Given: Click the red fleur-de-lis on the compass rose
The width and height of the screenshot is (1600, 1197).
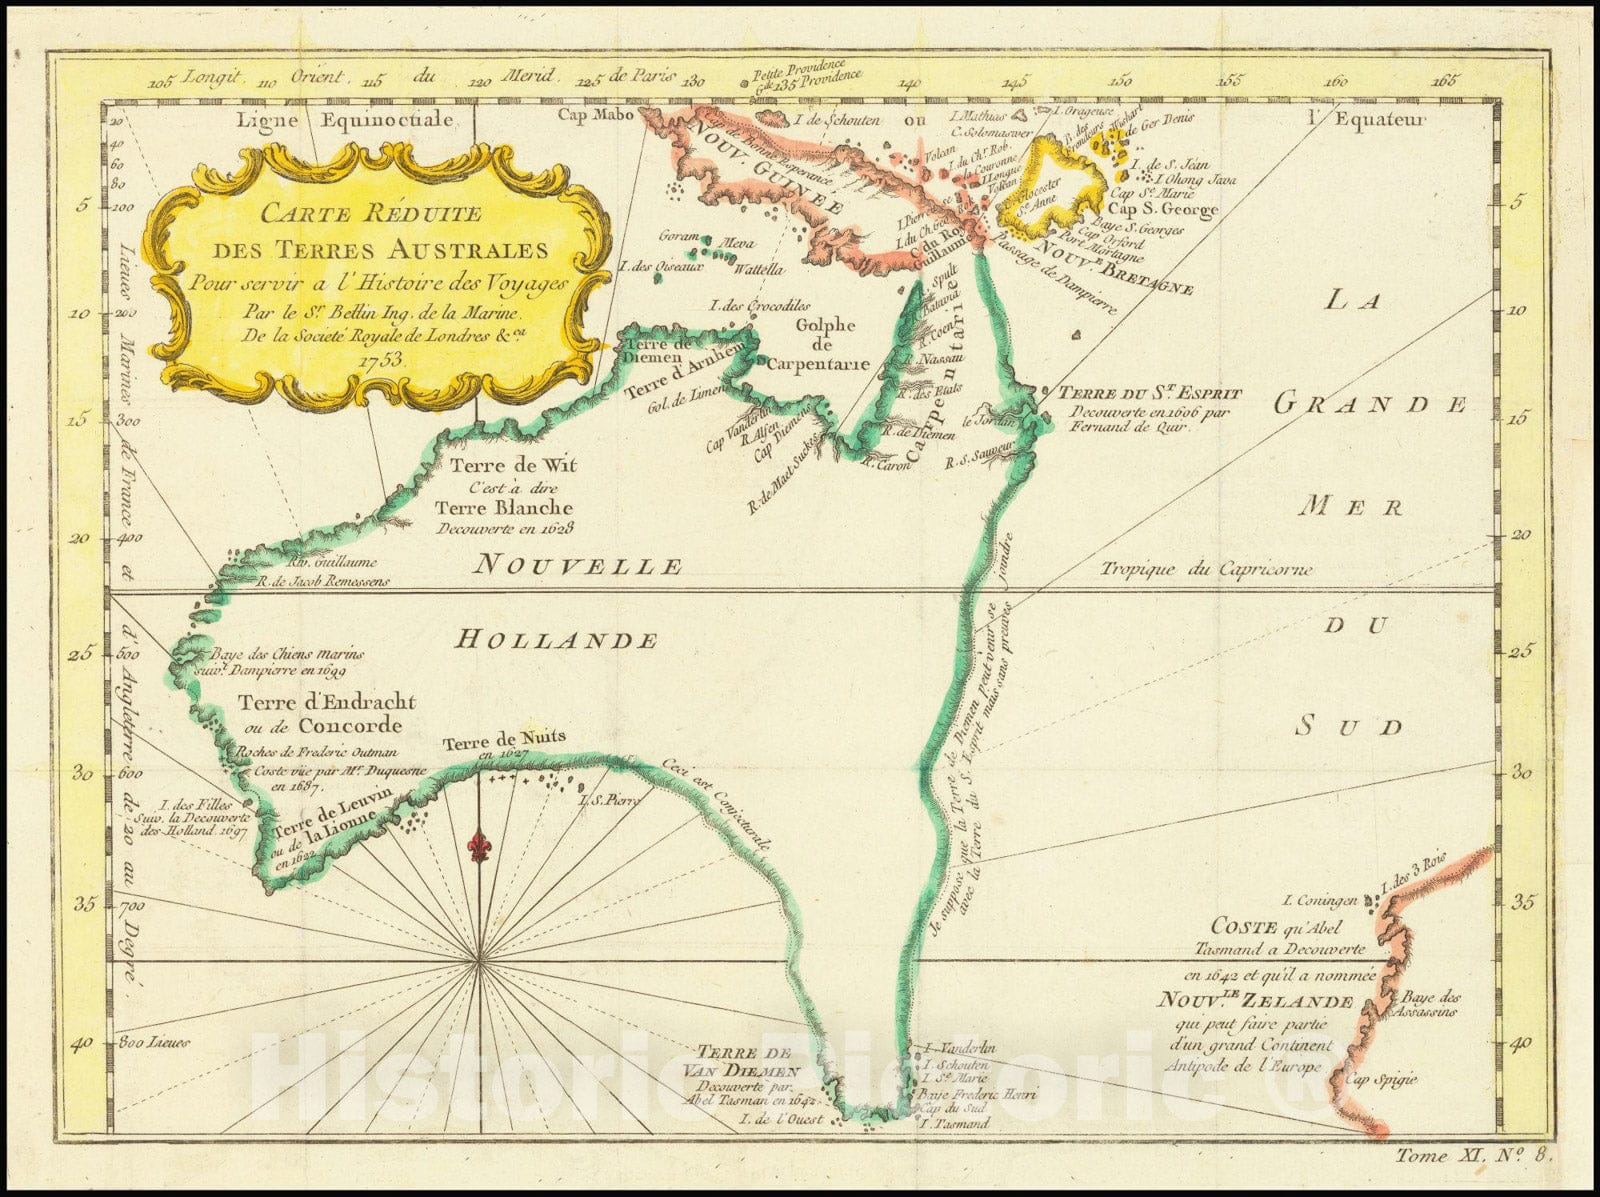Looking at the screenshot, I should coord(480,846).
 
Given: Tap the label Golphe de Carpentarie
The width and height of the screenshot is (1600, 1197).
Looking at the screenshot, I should coord(825,344).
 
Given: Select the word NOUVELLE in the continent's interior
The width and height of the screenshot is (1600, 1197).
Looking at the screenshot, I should coord(578,566).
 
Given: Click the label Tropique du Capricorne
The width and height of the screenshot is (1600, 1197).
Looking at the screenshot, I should coord(1206,569).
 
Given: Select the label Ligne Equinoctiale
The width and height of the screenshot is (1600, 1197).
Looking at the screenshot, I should coord(345,120).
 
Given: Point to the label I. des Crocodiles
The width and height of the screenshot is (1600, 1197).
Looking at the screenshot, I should coord(758,305).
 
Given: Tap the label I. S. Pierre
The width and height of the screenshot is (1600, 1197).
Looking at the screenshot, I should coord(608,800).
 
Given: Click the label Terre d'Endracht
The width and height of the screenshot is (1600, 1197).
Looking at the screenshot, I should coord(326,703).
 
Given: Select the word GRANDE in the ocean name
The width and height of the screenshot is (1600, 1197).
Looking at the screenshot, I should coord(1370,404).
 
